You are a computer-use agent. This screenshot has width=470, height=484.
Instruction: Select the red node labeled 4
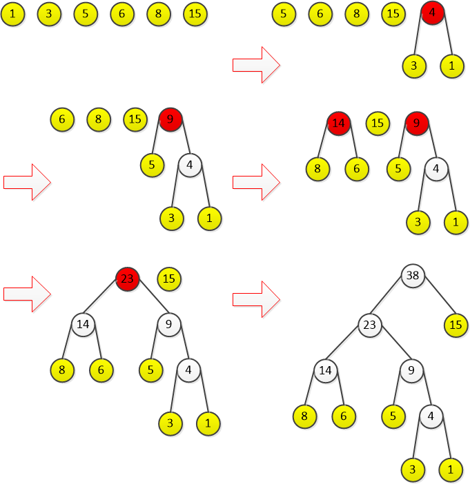(432, 12)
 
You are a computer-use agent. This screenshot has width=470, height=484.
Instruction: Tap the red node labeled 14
(338, 123)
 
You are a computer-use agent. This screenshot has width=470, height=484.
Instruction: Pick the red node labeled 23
(128, 279)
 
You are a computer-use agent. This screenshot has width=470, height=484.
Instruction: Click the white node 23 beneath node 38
(370, 324)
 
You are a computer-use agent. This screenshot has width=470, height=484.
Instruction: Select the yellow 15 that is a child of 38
(456, 324)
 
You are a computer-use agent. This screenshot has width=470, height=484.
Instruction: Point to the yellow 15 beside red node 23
(169, 279)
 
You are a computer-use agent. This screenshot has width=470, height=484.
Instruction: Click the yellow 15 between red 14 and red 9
(377, 123)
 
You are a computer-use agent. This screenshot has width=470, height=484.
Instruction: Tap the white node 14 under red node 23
(83, 324)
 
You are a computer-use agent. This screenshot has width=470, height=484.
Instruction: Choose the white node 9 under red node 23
(168, 324)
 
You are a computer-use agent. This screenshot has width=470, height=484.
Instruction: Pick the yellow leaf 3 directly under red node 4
(414, 65)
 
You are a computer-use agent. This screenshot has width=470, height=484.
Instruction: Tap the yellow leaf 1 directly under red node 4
(452, 65)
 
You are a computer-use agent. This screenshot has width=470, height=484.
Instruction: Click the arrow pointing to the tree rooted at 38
(255, 299)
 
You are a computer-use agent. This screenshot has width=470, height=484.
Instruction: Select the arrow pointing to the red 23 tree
(27, 293)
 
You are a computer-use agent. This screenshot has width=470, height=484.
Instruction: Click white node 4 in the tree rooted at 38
(431, 416)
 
